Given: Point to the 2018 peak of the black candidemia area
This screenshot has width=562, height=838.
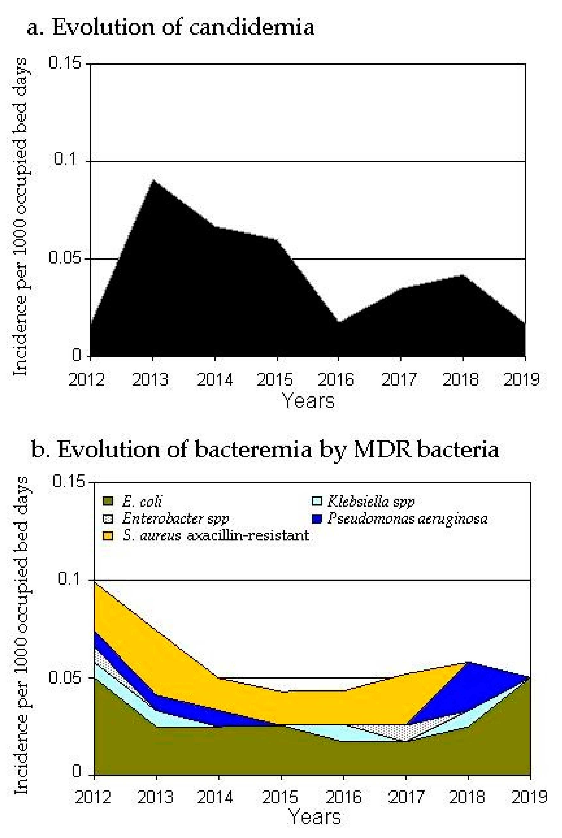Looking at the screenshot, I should click(463, 275).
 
